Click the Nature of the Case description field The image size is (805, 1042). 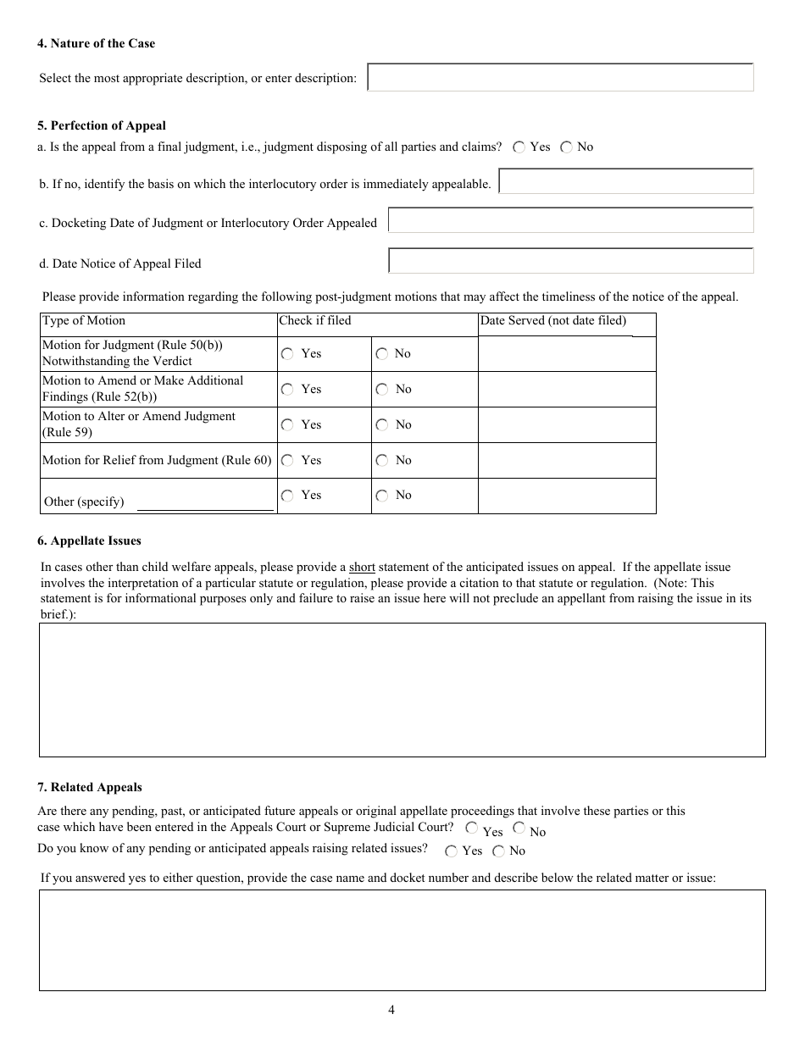click(560, 78)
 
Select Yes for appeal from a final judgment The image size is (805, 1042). click(519, 147)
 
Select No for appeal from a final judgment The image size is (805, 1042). click(566, 147)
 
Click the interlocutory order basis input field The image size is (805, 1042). click(625, 181)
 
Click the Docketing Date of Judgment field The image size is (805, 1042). click(570, 221)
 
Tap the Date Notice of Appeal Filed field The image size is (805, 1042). click(570, 261)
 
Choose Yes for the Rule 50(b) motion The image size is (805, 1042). click(287, 354)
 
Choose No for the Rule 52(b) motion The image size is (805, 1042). click(382, 390)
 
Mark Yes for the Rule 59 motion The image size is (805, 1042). click(287, 425)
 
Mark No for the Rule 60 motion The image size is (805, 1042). click(382, 461)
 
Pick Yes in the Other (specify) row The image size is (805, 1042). click(287, 496)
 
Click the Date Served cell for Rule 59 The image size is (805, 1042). click(566, 425)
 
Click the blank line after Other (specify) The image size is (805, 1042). click(205, 503)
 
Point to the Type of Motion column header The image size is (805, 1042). click(84, 321)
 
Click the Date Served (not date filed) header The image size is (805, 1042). click(553, 321)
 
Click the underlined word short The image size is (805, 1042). click(362, 568)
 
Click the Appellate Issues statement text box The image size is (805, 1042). click(402, 690)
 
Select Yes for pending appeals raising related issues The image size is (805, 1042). click(451, 851)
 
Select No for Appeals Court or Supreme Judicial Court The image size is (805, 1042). click(519, 829)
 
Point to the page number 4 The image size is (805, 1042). click(391, 1009)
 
